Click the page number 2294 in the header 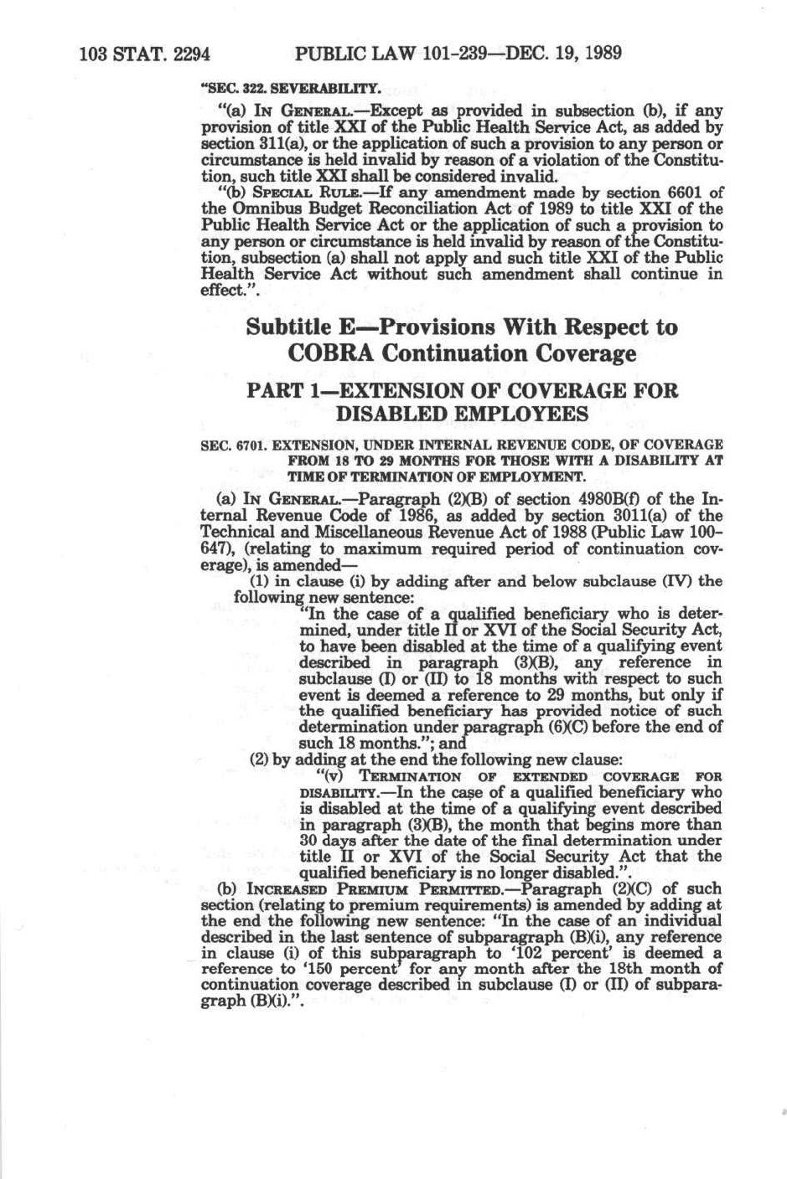(182, 55)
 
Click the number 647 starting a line (216, 548)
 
